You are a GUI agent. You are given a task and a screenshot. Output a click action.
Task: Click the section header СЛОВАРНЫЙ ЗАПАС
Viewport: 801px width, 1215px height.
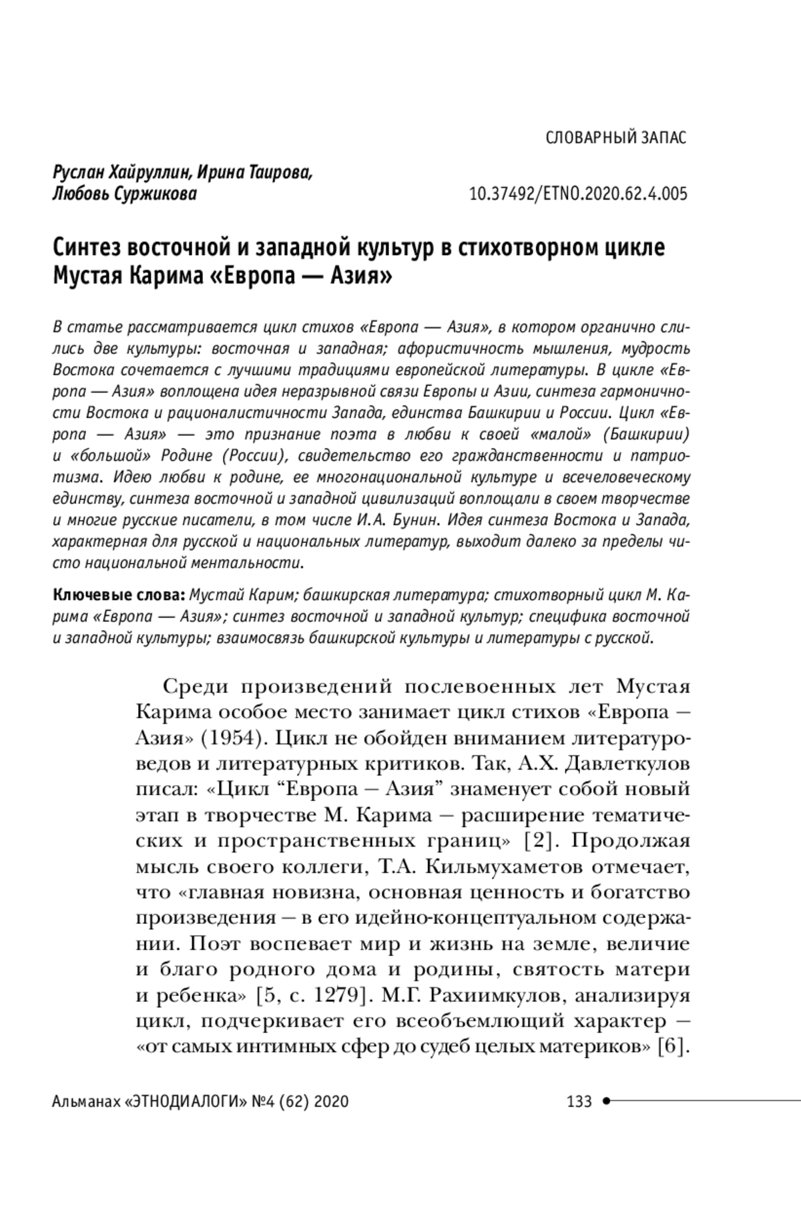coord(615,138)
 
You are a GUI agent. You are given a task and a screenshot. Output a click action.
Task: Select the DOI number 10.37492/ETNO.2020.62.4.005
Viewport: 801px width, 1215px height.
coord(578,195)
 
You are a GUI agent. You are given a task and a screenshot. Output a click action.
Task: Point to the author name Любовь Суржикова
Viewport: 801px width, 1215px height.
coord(125,195)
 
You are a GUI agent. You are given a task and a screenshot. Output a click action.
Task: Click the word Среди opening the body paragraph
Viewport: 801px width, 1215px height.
coord(196,688)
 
